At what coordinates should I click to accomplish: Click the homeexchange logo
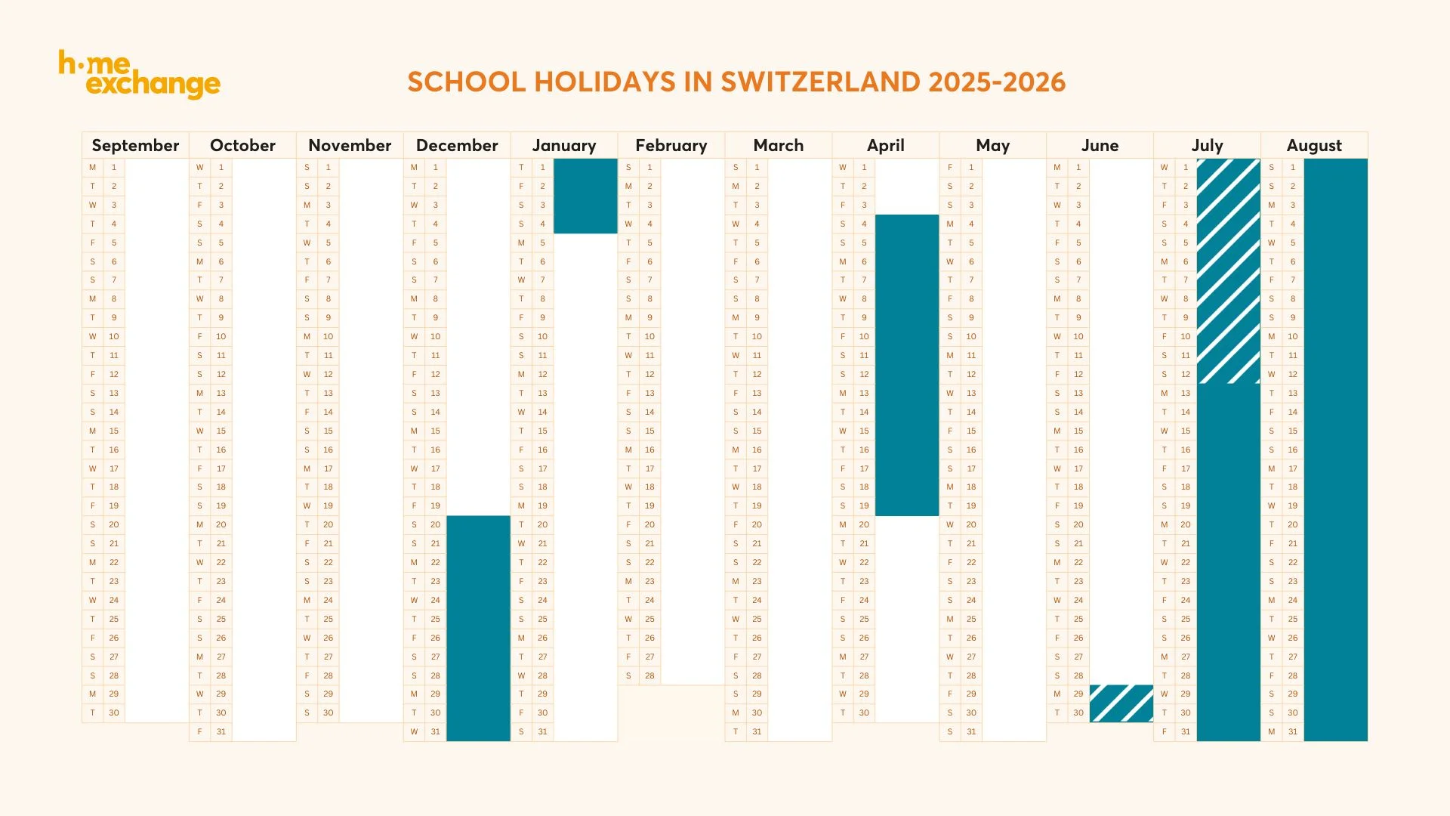[140, 75]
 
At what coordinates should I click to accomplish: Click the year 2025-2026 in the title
[997, 82]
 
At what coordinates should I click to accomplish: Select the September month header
[135, 146]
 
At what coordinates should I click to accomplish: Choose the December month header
[457, 146]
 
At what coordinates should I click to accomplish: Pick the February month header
[671, 146]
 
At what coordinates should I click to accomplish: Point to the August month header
[1314, 146]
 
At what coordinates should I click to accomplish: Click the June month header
[1100, 146]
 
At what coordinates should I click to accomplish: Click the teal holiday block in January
[585, 196]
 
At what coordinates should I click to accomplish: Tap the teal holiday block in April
[907, 365]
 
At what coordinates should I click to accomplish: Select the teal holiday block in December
[478, 628]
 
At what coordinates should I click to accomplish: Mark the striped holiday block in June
[1121, 703]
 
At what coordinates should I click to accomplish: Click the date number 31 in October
[221, 731]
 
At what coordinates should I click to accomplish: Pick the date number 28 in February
[649, 675]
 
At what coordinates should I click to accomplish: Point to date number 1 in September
[114, 167]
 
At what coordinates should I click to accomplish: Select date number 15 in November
[329, 431]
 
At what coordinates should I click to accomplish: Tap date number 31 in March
[757, 731]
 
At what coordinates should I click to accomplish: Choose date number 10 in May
[971, 336]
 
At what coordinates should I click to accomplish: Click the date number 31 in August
[1293, 731]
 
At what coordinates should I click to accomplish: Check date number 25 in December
[436, 619]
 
